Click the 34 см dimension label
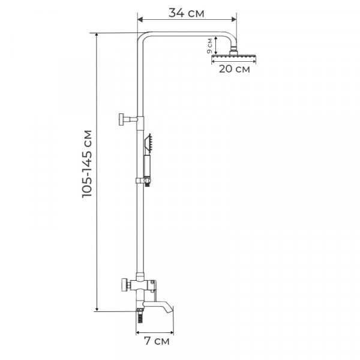coord(186,13)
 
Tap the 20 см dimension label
coord(234,69)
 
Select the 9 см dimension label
coord(209,46)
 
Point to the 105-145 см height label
coord(87,164)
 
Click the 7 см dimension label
coord(157,341)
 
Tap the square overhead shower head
coord(233,56)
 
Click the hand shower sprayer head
coord(148,143)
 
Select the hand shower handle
coord(147,166)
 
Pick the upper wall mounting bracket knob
coord(122,119)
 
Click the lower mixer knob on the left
coord(125,284)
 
